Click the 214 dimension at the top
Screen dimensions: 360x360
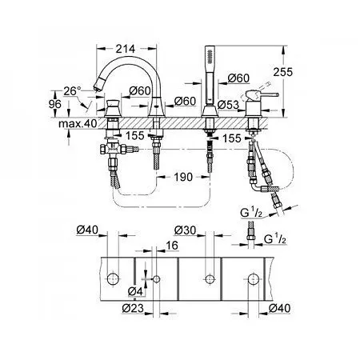coord(126,49)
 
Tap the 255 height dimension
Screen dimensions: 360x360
coord(282,72)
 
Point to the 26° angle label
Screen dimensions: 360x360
coord(72,91)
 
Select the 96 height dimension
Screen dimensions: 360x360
coord(55,104)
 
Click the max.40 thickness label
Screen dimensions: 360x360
coord(78,124)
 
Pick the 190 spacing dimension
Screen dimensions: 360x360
coord(183,177)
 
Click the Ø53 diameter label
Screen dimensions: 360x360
coord(228,105)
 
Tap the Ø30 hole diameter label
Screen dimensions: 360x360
coord(185,230)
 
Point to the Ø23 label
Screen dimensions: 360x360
coord(133,309)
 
